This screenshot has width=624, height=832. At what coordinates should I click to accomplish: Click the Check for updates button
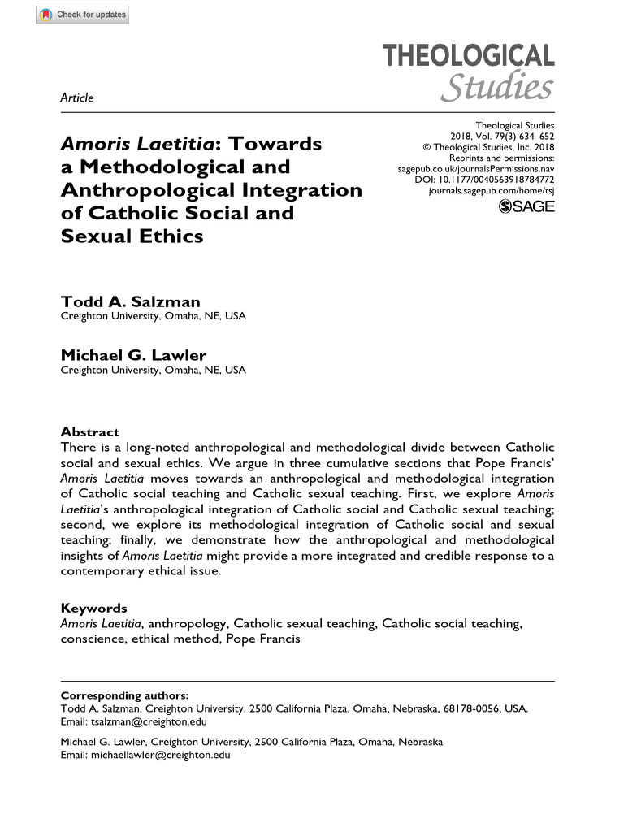[x=82, y=15]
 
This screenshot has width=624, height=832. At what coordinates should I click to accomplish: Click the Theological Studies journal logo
[x=469, y=71]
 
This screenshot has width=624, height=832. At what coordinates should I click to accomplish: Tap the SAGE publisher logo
[x=526, y=206]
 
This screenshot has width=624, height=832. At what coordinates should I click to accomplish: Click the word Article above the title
[x=77, y=97]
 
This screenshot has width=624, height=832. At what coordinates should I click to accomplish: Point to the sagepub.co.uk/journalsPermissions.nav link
[x=475, y=168]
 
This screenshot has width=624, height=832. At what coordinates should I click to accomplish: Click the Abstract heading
[x=90, y=432]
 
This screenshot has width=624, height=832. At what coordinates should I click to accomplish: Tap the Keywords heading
[x=94, y=608]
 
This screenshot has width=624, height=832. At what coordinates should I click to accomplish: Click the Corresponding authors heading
[x=124, y=695]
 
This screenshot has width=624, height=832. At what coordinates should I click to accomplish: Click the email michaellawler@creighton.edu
[x=160, y=755]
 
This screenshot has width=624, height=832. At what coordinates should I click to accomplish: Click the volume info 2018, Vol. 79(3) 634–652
[x=502, y=136]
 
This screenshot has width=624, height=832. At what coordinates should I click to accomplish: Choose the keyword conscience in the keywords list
[x=89, y=639]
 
